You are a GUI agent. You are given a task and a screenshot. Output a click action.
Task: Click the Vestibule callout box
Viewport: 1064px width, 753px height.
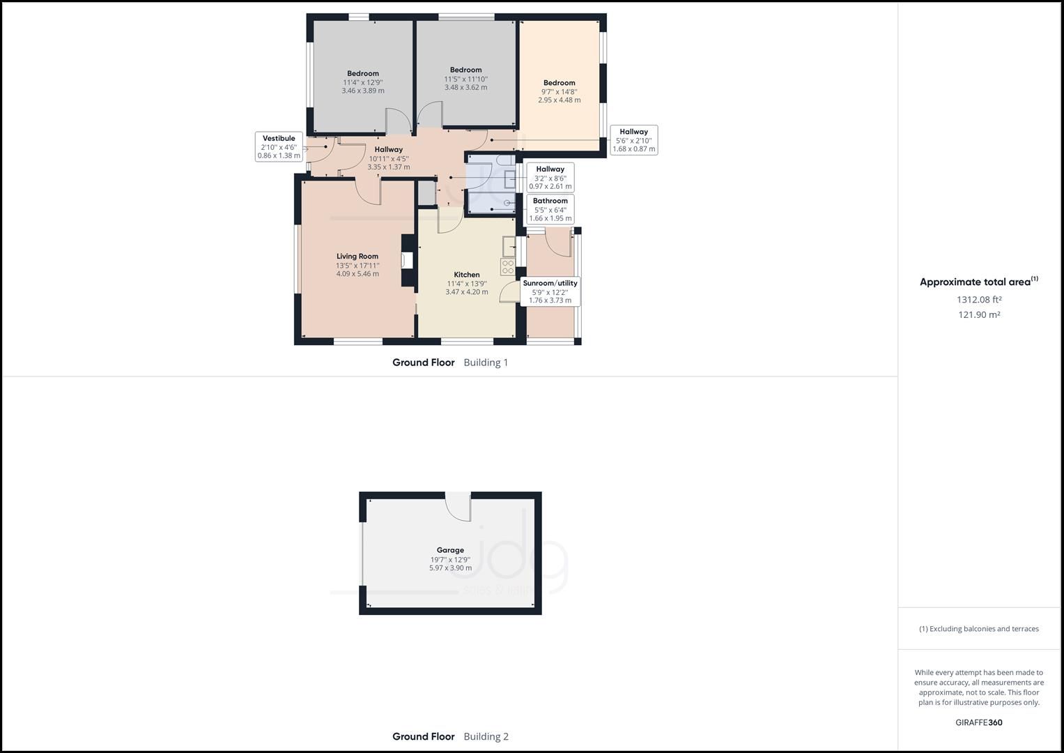click(279, 147)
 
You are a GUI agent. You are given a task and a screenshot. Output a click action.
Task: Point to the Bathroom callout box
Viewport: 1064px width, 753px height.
click(550, 209)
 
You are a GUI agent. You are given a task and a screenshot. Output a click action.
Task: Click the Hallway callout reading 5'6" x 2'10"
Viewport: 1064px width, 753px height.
click(633, 140)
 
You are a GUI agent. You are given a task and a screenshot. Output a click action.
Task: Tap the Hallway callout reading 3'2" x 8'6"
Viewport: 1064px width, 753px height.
click(550, 178)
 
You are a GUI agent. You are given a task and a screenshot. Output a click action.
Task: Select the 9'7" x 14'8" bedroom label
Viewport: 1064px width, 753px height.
click(560, 91)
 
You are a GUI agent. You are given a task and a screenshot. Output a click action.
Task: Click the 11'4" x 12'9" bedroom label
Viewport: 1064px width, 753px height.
click(363, 82)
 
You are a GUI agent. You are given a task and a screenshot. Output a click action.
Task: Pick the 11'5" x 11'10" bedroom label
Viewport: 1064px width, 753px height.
click(465, 78)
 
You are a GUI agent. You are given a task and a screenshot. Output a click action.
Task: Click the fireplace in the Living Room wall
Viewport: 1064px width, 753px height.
click(407, 261)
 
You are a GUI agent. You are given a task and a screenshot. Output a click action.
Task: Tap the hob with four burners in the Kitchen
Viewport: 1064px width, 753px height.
click(507, 266)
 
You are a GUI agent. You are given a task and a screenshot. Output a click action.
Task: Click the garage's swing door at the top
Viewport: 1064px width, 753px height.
click(458, 506)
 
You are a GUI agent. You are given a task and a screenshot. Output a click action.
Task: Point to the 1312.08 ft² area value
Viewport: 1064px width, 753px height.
click(979, 300)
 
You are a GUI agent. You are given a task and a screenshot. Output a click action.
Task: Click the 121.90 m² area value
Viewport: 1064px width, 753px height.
click(979, 315)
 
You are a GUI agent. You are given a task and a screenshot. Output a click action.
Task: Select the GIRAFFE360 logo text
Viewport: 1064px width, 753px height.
click(978, 722)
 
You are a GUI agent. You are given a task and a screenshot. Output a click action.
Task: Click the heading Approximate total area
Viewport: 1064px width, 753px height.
click(978, 282)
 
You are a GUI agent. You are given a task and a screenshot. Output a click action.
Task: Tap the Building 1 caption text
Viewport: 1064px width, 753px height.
click(486, 363)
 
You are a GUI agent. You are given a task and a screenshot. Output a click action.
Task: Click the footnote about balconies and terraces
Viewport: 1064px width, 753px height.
click(978, 629)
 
